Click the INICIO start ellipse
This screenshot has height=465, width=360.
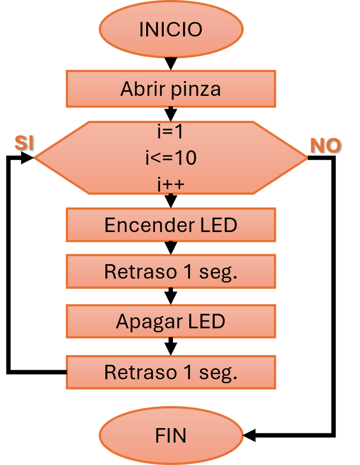[171, 29]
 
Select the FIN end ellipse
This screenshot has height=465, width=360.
[171, 435]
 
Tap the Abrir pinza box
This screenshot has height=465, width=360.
[171, 89]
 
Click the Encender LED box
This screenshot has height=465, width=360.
[171, 225]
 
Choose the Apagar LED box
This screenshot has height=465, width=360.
[171, 321]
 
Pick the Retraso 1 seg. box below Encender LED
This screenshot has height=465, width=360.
[171, 272]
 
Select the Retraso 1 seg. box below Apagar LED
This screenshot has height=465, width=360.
[171, 372]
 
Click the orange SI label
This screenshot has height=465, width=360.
[25, 143]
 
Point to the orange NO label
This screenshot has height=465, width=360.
[325, 145]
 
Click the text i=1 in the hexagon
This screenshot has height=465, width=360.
[171, 132]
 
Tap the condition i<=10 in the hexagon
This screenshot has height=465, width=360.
[171, 158]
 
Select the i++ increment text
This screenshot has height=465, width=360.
[171, 184]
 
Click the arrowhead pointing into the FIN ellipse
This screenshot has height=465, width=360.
[249, 435]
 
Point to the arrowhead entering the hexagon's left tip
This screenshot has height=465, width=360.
[28, 157]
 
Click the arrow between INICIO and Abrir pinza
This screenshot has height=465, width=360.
[171, 64]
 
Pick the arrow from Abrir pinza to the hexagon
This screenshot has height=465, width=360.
[171, 114]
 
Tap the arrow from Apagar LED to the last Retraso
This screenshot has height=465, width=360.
[171, 346]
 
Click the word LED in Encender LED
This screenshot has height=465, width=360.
[219, 225]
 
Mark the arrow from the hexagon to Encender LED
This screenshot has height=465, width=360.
[171, 201]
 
